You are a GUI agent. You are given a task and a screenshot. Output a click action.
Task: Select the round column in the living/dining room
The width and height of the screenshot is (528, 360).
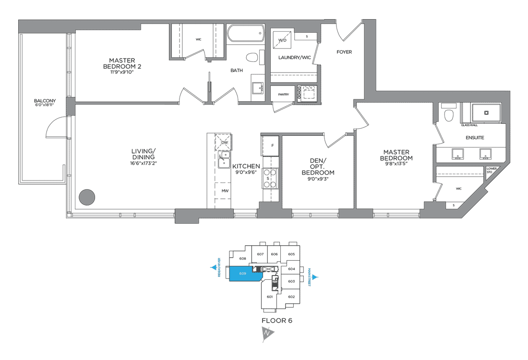87,197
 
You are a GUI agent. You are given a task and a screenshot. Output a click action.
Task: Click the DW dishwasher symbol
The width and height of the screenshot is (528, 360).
224,142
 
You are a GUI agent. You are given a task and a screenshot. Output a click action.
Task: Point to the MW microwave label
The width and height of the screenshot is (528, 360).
224,191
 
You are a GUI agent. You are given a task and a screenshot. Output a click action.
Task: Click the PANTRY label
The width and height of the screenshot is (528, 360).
283,95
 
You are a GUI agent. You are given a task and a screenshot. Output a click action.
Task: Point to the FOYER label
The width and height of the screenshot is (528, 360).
344,52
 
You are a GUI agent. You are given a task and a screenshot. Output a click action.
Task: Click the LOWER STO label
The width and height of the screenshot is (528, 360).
491,171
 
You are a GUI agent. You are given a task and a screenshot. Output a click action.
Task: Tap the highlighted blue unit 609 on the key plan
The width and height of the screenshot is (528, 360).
244,275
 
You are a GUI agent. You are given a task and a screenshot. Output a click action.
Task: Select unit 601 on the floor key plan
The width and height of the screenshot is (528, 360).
269,297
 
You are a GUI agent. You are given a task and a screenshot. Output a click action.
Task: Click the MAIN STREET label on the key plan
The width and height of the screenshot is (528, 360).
310,277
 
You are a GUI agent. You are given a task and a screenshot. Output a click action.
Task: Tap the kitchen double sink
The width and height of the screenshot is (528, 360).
223,160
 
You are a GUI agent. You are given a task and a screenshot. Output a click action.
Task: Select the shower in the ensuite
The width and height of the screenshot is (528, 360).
486,113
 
